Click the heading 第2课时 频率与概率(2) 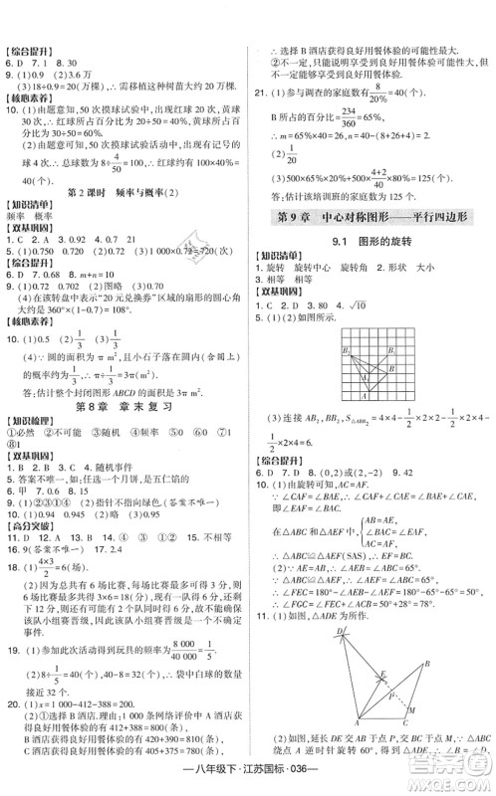point(124,191)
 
